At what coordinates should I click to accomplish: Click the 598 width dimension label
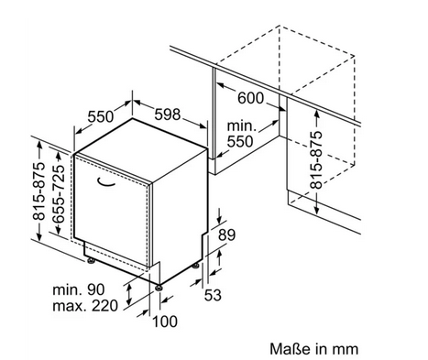click(x=168, y=115)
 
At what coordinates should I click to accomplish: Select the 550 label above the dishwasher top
click(x=101, y=116)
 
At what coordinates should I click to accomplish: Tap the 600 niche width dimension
click(x=250, y=98)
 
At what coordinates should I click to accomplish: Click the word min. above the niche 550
click(x=241, y=125)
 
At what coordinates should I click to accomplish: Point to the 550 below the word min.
click(x=240, y=141)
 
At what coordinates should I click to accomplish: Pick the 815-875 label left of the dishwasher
click(x=39, y=191)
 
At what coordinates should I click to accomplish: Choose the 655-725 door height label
click(x=59, y=194)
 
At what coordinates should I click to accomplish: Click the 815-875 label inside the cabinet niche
click(x=316, y=159)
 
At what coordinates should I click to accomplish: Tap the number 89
click(x=226, y=235)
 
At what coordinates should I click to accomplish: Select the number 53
click(x=213, y=295)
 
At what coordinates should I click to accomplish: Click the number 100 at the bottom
click(x=165, y=322)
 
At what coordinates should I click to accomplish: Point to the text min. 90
click(x=79, y=289)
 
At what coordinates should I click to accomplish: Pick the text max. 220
click(x=85, y=306)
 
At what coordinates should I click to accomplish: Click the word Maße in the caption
click(x=290, y=349)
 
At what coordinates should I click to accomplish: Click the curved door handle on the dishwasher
click(x=106, y=181)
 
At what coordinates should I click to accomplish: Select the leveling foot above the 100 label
click(x=159, y=288)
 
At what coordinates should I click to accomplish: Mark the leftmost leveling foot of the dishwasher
click(x=91, y=261)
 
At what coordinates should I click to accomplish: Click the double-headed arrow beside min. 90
click(x=129, y=295)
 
